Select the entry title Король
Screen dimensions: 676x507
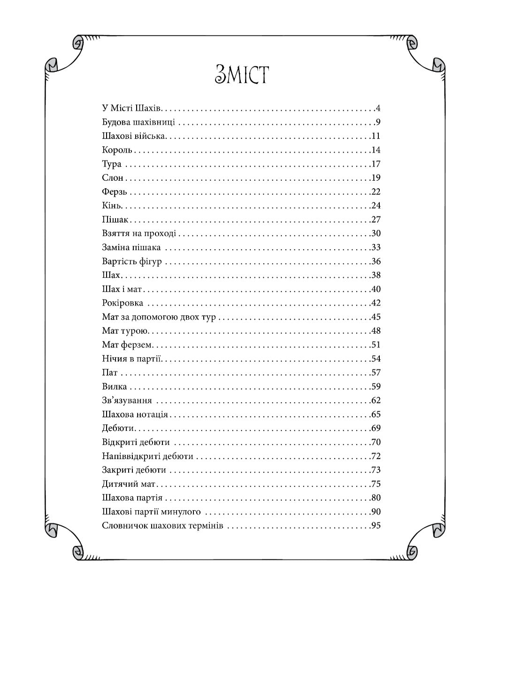117,150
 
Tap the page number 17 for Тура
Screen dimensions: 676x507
375,164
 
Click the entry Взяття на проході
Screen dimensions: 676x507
139,234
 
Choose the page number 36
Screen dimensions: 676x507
375,261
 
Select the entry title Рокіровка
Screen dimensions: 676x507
123,303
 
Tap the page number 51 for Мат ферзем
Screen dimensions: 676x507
375,345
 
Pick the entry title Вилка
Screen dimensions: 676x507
114,387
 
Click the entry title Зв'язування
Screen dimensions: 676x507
127,400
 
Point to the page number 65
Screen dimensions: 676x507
375,415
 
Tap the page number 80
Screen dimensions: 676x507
375,498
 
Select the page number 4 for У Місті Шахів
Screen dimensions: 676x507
377,109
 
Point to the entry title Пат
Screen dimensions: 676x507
109,373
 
